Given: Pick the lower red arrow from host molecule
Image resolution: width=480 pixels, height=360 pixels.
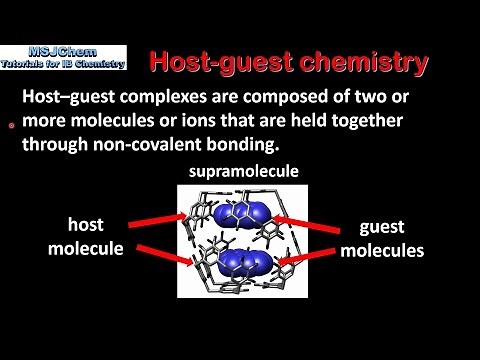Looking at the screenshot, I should [161, 256].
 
